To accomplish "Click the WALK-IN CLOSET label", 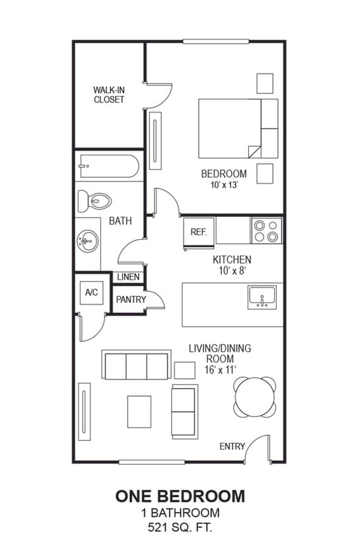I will pos(108,95).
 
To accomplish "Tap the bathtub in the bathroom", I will pos(107,166).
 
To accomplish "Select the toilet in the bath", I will pos(94,200).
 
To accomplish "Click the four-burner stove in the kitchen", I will pos(266,231).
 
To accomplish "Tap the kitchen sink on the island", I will pos(263,298).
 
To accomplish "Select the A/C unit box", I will pos(91,292).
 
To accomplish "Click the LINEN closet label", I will pos(128,277).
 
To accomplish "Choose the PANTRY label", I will pos(131,299).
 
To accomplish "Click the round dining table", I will pos(255,397).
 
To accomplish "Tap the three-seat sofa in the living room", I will pos(137,365).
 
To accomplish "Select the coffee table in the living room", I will pos(139,411).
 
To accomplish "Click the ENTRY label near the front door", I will pos(232,446).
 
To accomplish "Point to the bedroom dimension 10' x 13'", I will pos(224,185).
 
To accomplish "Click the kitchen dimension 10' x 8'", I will pos(231,271).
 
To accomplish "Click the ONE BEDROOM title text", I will pos(180,496).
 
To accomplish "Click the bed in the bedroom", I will pos(238,128).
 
